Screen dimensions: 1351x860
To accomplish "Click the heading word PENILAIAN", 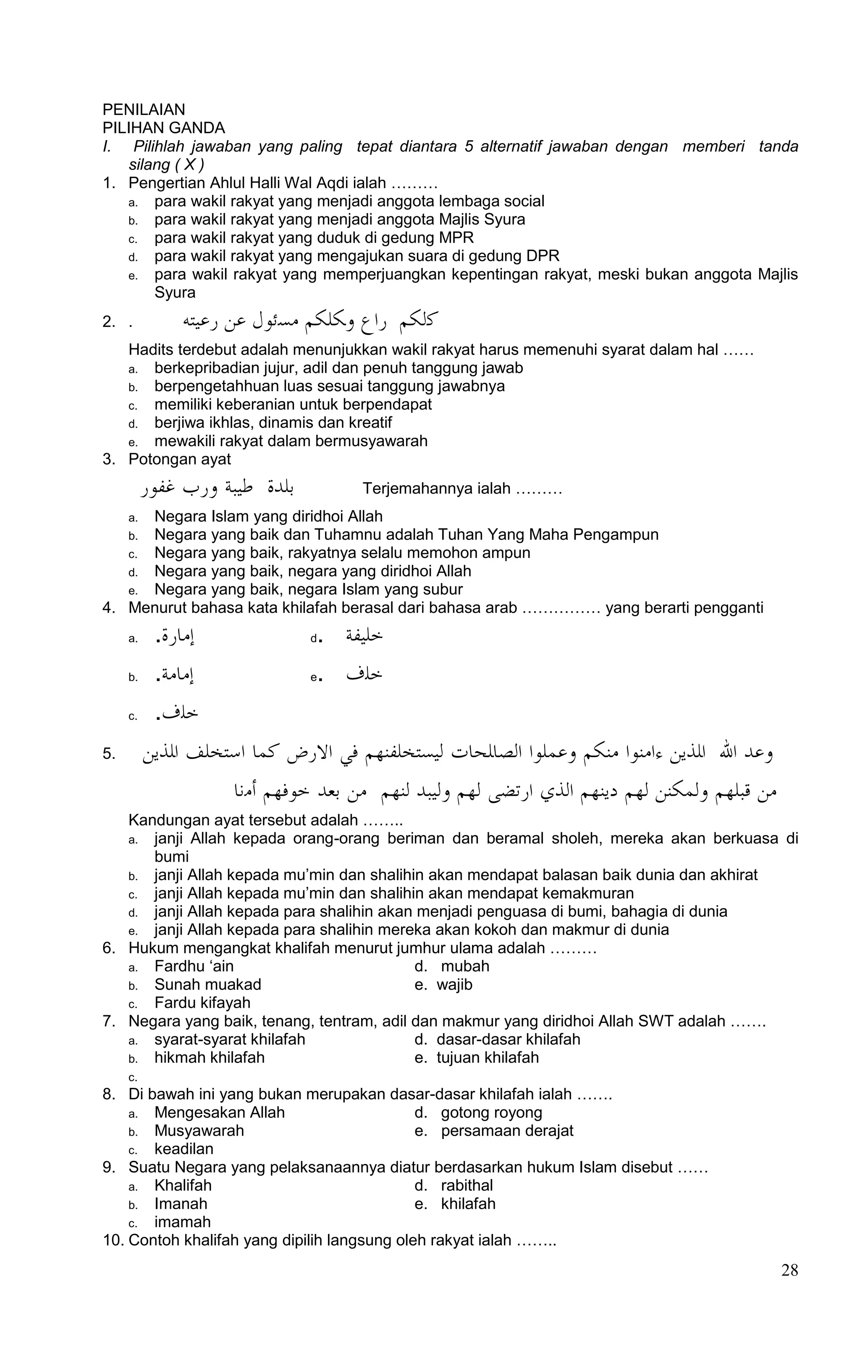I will pos(144,110).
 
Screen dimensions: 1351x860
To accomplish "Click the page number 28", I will pos(789,1271).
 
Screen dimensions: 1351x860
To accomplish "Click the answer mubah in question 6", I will pos(465,966).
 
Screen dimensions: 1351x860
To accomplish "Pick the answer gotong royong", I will pos(491,1113).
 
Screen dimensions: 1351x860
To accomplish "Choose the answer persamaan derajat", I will pos(507,1131).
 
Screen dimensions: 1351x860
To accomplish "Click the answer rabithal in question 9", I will pos(467,1186).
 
